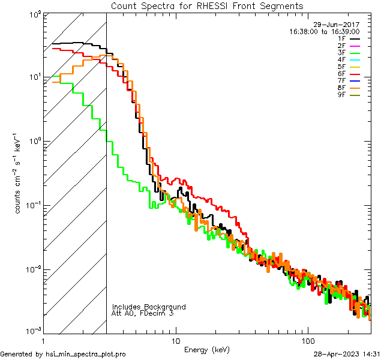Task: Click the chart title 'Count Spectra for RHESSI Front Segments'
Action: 207,6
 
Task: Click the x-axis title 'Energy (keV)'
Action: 207,350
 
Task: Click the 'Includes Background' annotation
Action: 149,307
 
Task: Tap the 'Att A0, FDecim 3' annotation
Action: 143,313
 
